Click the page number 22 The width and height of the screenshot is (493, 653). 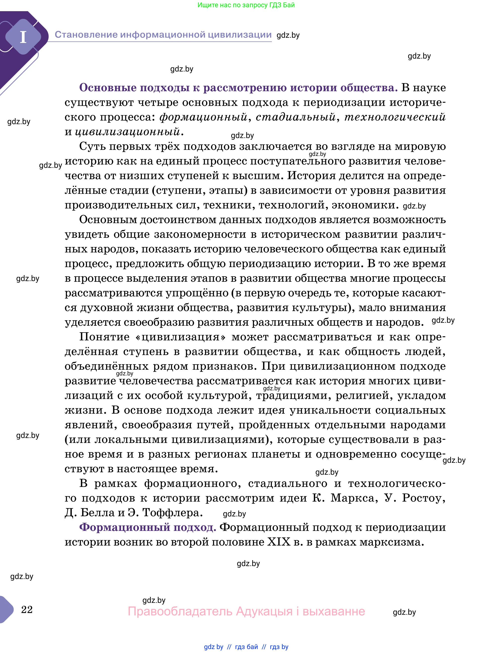27,609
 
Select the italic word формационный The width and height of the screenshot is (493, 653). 203,117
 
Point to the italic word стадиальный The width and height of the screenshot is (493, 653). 296,117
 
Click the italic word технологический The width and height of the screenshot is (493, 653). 395,117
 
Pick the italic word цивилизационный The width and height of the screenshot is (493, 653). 128,132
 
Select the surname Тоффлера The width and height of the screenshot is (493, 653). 173,513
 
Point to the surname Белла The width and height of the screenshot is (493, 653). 97,513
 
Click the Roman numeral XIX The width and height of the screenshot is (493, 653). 279,542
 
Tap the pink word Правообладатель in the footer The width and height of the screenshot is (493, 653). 180,611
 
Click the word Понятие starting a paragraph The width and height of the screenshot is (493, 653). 104,337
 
